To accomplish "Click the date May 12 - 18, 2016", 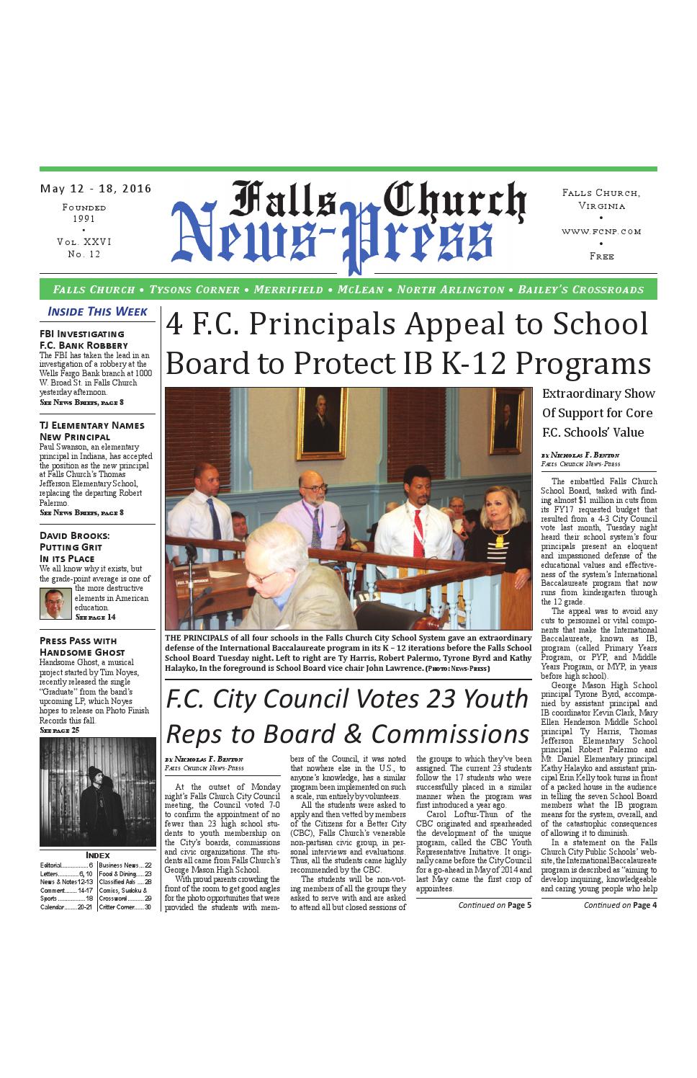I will [x=96, y=189].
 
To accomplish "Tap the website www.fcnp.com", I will [x=601, y=231].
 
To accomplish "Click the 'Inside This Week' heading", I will [x=97, y=311].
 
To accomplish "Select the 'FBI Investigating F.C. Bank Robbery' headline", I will [x=82, y=339].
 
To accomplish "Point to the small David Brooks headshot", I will [x=55, y=604].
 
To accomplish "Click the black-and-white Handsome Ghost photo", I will [x=97, y=791].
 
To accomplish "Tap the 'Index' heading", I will [x=97, y=855].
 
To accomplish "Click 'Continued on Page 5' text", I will [x=495, y=905].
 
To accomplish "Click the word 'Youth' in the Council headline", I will [x=495, y=698].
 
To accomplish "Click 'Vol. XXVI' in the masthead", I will [x=84, y=242].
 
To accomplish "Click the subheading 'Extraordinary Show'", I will [x=598, y=393].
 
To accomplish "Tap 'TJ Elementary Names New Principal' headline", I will [x=91, y=431].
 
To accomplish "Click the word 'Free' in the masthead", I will [x=601, y=256].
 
